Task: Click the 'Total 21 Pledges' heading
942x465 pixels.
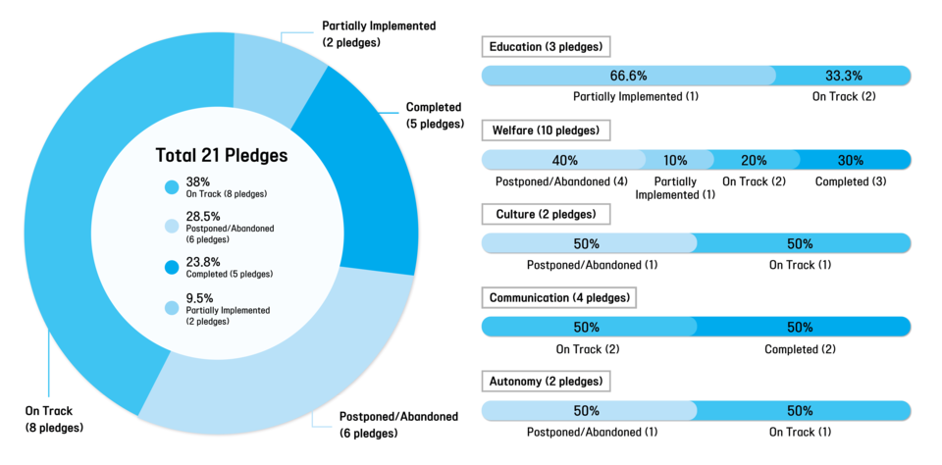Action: (222, 155)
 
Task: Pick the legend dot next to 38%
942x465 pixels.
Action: (172, 186)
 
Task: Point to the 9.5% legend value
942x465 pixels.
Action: (201, 298)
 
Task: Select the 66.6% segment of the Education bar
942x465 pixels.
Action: (628, 76)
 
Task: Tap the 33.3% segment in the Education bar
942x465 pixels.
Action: (843, 76)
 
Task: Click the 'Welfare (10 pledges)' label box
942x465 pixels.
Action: (547, 129)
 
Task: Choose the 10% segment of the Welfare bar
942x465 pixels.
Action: (675, 160)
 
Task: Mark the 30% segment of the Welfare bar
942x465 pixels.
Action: (851, 160)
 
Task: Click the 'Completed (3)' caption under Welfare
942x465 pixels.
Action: (851, 181)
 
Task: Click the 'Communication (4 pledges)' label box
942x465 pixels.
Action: (559, 297)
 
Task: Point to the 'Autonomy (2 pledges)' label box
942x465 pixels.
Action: (546, 381)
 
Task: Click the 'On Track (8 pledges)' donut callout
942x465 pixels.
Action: (54, 419)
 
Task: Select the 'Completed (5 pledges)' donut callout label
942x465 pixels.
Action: (434, 116)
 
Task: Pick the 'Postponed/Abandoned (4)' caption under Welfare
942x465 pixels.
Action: (561, 181)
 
